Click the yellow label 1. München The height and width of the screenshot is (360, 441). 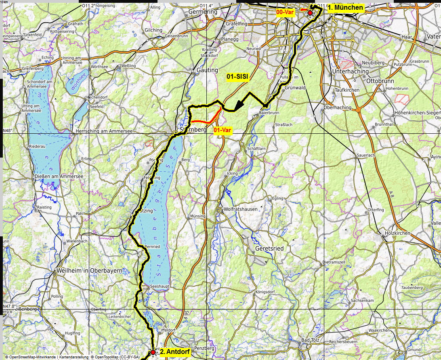click(345, 8)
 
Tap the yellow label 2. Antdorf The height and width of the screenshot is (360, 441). click(175, 352)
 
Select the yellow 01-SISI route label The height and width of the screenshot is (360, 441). click(237, 76)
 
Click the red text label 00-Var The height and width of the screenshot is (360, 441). click(285, 13)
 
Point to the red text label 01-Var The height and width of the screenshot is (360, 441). click(223, 130)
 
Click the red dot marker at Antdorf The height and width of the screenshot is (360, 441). click(153, 352)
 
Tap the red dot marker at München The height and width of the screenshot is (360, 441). click(310, 13)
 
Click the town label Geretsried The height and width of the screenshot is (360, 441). click(269, 249)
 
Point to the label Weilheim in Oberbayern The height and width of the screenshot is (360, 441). click(90, 271)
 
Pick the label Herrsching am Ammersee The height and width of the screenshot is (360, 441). click(104, 131)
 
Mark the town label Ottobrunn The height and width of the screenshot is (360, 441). click(379, 80)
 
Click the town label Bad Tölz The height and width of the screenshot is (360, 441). click(310, 340)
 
